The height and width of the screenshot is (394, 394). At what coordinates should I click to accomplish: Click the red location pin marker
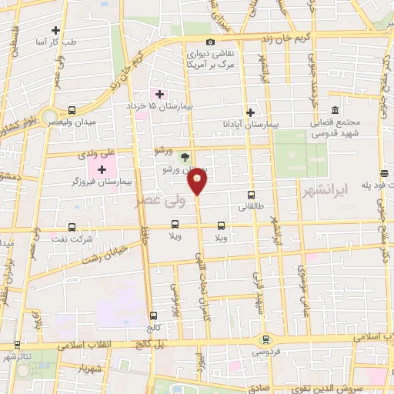198,181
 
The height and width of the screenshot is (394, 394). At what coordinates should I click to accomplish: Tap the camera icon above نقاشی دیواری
210,42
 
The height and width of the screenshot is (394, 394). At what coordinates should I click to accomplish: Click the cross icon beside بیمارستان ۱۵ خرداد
159,93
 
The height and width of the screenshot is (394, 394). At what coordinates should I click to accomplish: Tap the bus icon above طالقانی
252,195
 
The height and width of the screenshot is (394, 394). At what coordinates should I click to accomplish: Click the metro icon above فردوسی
266,339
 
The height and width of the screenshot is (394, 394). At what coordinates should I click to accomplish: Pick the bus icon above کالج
154,316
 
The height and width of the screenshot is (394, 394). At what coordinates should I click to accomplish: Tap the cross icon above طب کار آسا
55,31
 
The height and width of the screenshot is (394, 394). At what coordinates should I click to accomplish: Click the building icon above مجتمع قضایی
336,110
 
